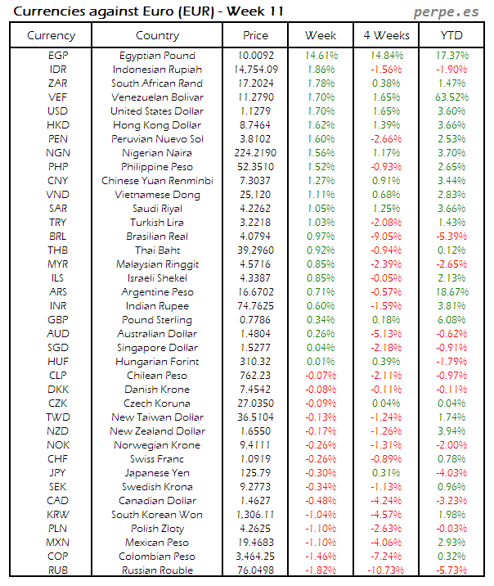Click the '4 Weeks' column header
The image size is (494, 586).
(x=385, y=35)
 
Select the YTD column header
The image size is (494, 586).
(x=451, y=35)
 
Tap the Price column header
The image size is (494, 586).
(x=255, y=35)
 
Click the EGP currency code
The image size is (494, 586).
(x=58, y=55)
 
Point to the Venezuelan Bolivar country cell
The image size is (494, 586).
(x=157, y=97)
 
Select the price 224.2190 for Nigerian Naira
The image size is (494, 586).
(x=255, y=152)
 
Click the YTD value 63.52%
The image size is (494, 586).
(x=451, y=97)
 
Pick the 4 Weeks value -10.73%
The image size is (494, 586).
(x=385, y=570)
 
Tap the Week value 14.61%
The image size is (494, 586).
(x=321, y=55)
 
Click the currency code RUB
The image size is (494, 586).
(x=58, y=570)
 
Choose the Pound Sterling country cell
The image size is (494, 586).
(x=157, y=319)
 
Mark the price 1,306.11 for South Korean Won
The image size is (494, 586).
(x=255, y=514)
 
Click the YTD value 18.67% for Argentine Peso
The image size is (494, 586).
(x=451, y=291)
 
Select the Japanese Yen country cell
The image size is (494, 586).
(x=157, y=472)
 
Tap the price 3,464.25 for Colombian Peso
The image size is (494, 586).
(x=255, y=556)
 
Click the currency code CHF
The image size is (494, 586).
(x=58, y=458)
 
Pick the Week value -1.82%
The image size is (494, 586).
(x=321, y=570)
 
